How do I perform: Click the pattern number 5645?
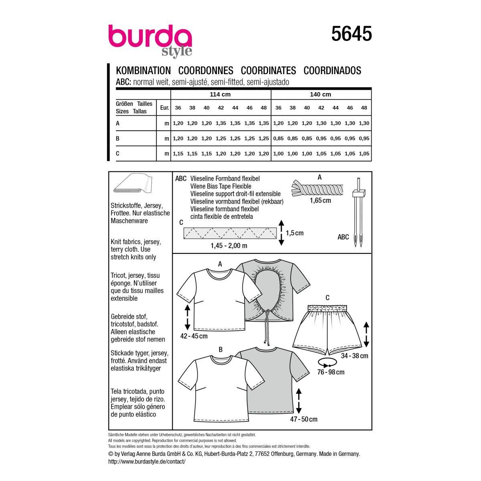(x=352, y=34)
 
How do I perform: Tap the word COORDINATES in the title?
(x=268, y=71)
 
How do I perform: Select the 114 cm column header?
(x=220, y=94)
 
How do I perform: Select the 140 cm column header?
(x=321, y=94)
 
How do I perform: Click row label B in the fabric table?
(x=117, y=138)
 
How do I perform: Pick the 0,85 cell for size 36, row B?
(x=278, y=138)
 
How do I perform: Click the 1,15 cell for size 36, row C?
(x=178, y=154)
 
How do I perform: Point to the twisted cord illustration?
(x=317, y=188)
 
